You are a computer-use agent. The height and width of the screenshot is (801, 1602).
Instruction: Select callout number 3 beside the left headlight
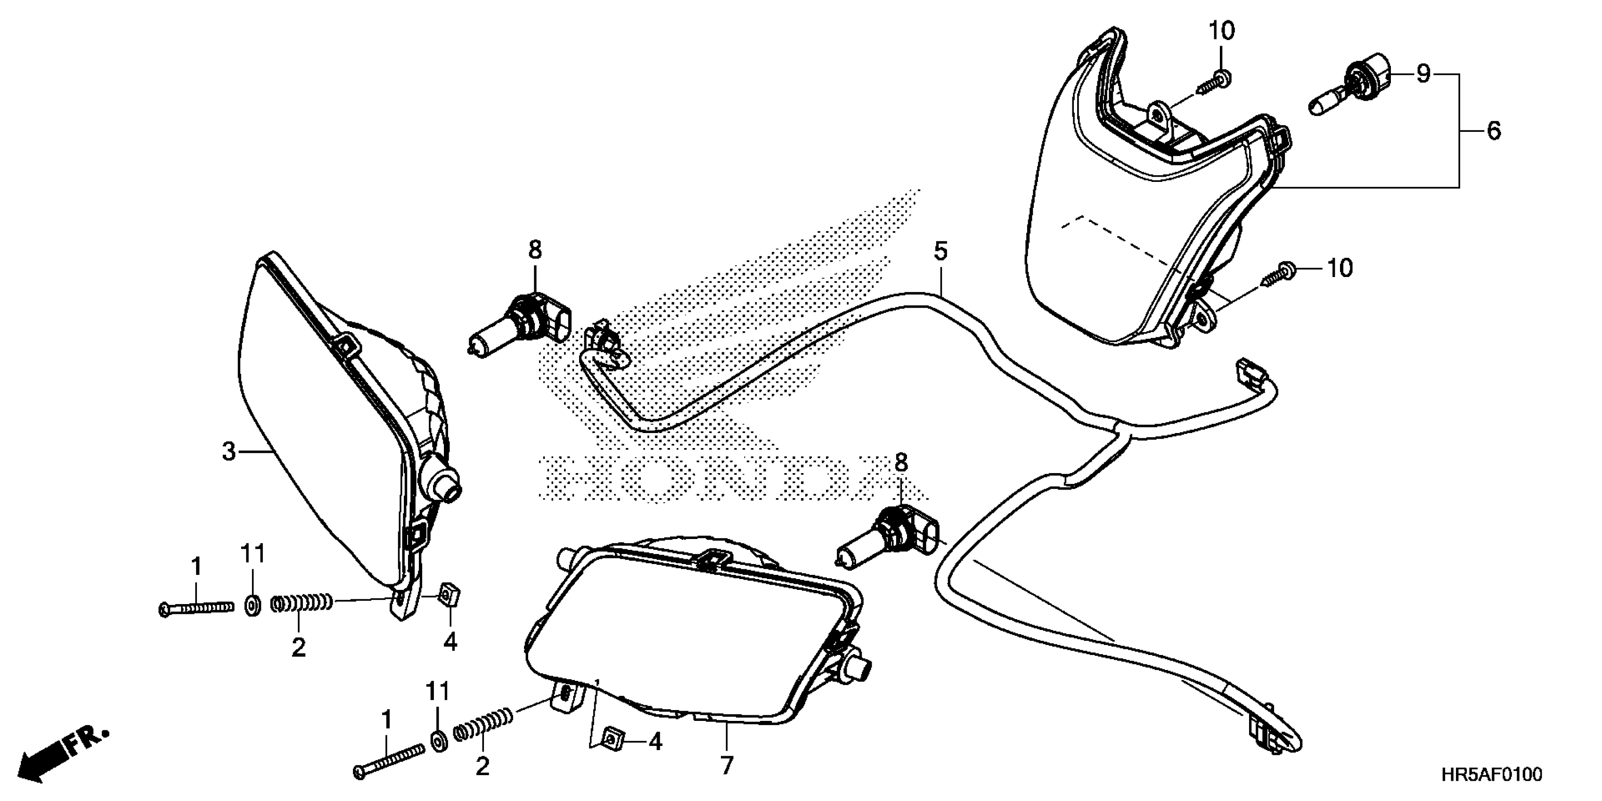[x=229, y=451]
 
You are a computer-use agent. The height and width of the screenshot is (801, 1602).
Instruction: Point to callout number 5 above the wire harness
[x=940, y=252]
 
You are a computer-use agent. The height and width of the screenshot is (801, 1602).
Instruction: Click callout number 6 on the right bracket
[x=1494, y=131]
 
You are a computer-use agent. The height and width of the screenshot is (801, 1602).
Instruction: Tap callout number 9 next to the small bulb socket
[x=1423, y=74]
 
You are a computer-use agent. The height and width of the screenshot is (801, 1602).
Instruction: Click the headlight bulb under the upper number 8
[x=523, y=323]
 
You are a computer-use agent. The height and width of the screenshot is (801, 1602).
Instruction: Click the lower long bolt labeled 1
[x=389, y=762]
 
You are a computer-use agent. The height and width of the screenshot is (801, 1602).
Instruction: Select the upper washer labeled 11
[x=253, y=605]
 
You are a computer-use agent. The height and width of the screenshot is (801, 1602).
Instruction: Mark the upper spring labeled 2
[x=302, y=603]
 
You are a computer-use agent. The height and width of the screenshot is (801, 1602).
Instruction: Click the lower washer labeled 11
[x=438, y=742]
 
